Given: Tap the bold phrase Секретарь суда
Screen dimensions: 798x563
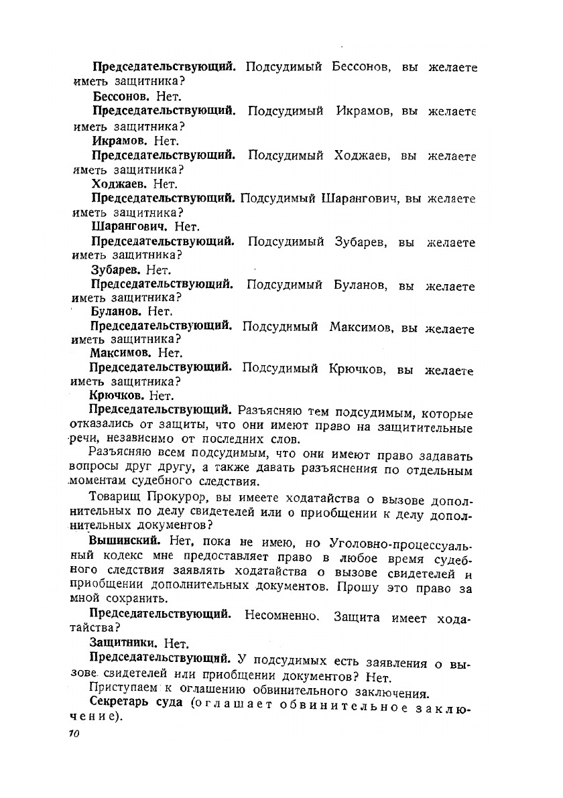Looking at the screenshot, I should click(x=137, y=702).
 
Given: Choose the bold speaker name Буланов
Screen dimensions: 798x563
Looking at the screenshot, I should click(x=115, y=312).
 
